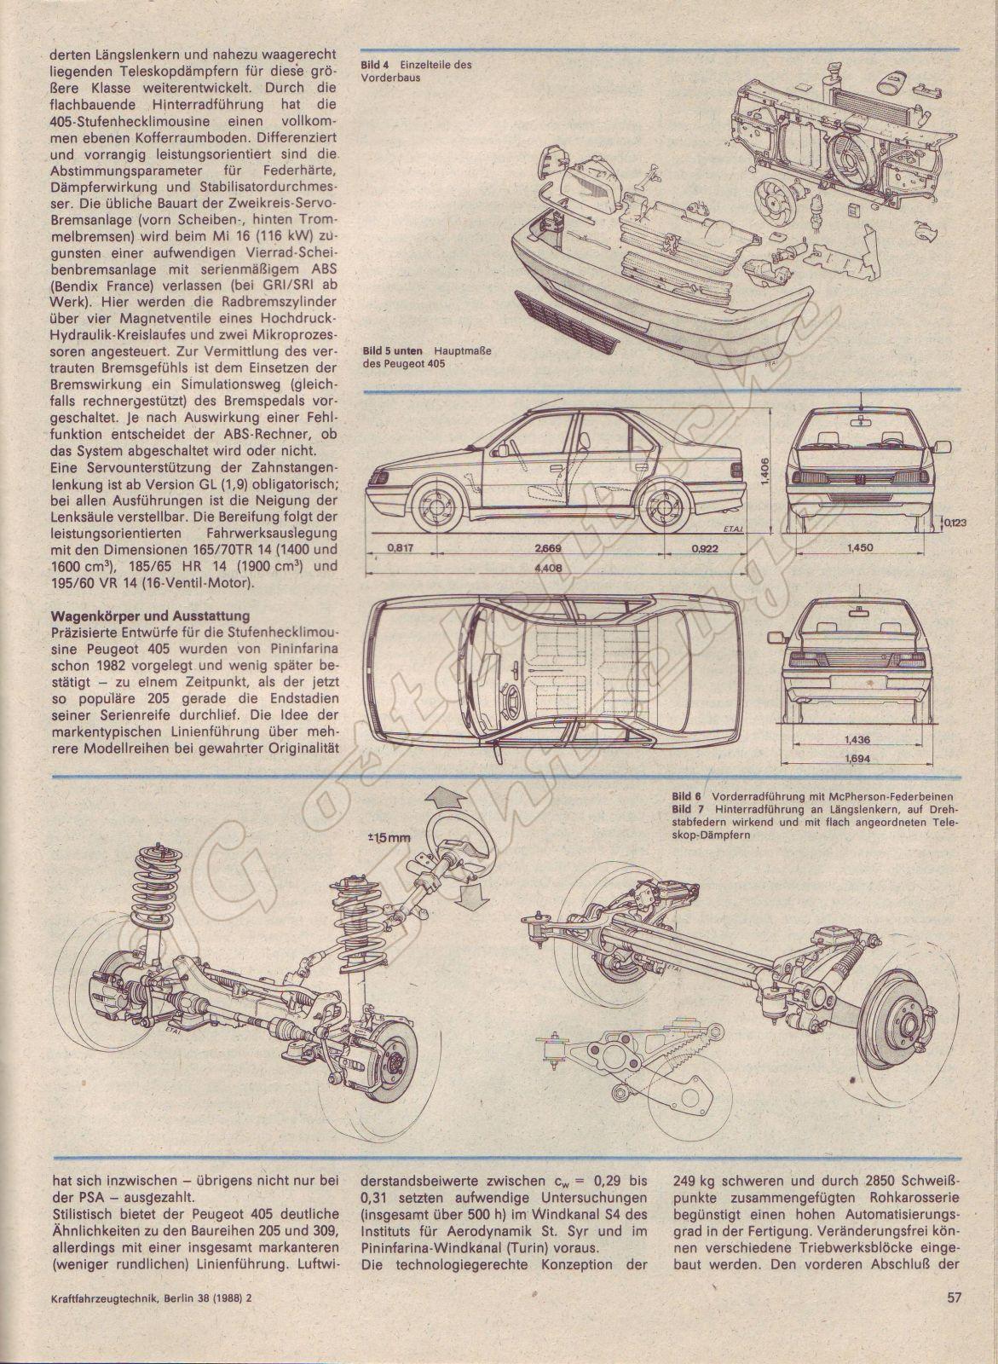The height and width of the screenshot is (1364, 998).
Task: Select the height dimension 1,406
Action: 765,466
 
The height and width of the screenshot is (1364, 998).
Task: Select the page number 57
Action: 954,1322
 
